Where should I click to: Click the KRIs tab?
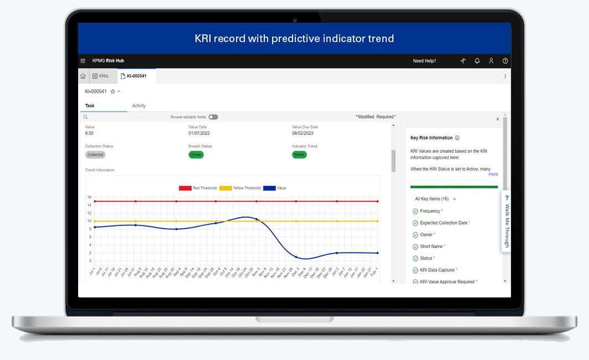pos(100,76)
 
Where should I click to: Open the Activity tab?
pos(139,106)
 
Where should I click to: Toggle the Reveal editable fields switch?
pos(213,117)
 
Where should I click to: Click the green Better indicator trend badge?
pos(299,155)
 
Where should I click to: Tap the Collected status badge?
pos(95,155)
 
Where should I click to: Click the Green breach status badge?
pos(196,155)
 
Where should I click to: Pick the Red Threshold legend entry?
pos(198,188)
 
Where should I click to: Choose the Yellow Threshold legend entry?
pos(240,188)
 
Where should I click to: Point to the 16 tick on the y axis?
pos(89,197)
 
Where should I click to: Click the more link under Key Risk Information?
pos(493,174)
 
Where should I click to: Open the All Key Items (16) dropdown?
pos(436,199)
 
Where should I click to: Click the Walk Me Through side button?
pos(506,222)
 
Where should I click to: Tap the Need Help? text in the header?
pos(424,61)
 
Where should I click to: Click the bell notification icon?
pos(477,61)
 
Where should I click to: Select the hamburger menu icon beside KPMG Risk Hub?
pos(83,61)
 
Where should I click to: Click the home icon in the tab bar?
pos(83,76)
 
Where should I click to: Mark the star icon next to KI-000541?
pos(112,91)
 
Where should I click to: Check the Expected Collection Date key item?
pos(443,223)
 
